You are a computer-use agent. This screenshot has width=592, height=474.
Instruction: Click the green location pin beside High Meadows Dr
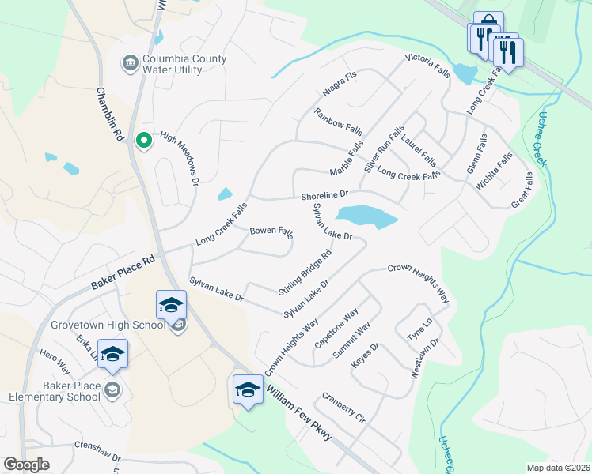click(143, 141)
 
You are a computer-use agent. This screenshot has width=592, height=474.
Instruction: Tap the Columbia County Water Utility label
click(184, 65)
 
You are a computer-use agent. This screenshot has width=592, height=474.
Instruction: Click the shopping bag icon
click(488, 21)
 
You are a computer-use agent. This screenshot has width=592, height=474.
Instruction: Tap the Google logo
click(26, 465)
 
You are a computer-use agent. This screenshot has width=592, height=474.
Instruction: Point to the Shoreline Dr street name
click(324, 194)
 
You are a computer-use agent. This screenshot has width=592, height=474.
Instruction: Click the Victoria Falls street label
click(427, 66)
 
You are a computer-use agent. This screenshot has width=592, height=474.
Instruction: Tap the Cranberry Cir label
click(343, 407)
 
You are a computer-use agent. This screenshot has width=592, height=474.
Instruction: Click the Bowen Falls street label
click(271, 232)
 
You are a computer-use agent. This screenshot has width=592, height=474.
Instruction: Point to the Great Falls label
click(522, 192)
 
